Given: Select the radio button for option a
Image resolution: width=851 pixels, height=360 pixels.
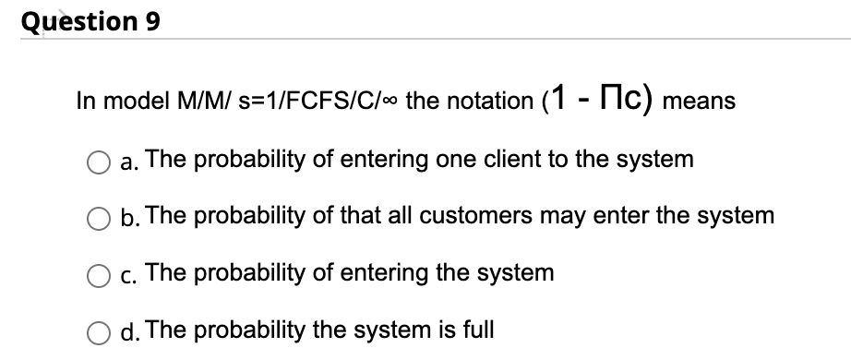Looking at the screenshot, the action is [x=102, y=161].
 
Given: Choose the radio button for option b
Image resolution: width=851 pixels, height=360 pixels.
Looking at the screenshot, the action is [x=102, y=217].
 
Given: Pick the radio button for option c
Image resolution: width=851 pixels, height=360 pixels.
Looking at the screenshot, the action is [x=102, y=273].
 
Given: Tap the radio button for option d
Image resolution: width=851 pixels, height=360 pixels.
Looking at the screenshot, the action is [x=102, y=330].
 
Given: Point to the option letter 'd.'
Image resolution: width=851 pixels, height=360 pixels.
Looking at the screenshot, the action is [x=129, y=330].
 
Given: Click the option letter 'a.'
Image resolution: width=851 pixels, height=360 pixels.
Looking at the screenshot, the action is [x=128, y=162].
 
